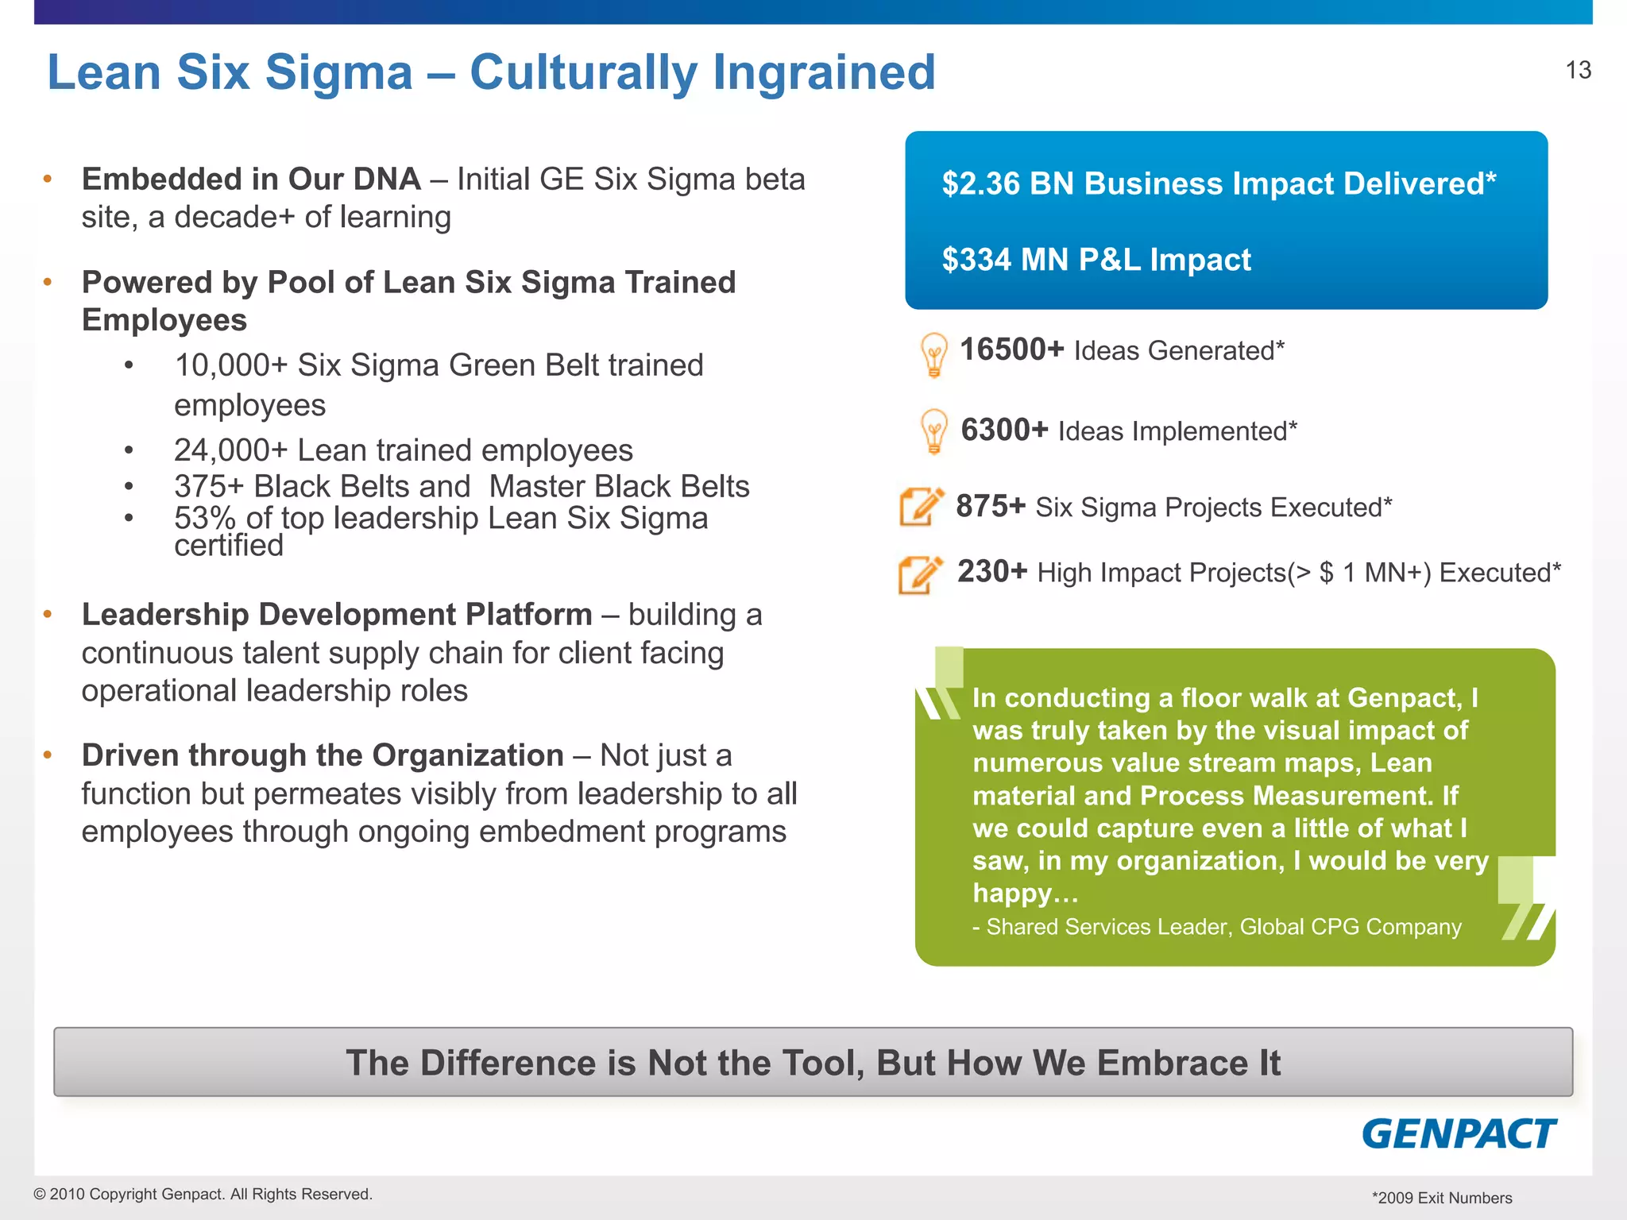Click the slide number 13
pos(1578,71)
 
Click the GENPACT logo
pos(1459,1133)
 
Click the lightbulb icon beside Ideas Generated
pos(933,354)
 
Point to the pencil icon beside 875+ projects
pos(921,506)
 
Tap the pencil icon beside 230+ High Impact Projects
pos(920,574)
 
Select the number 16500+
pos(1011,349)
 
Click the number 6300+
pos(1004,430)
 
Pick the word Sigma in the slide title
pos(338,72)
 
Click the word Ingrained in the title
pos(824,72)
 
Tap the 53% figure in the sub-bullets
pos(205,518)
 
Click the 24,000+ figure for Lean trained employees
pos(230,450)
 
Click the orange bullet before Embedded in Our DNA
pos(48,179)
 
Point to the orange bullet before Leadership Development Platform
pos(48,614)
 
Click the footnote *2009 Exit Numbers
pos(1441,1198)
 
